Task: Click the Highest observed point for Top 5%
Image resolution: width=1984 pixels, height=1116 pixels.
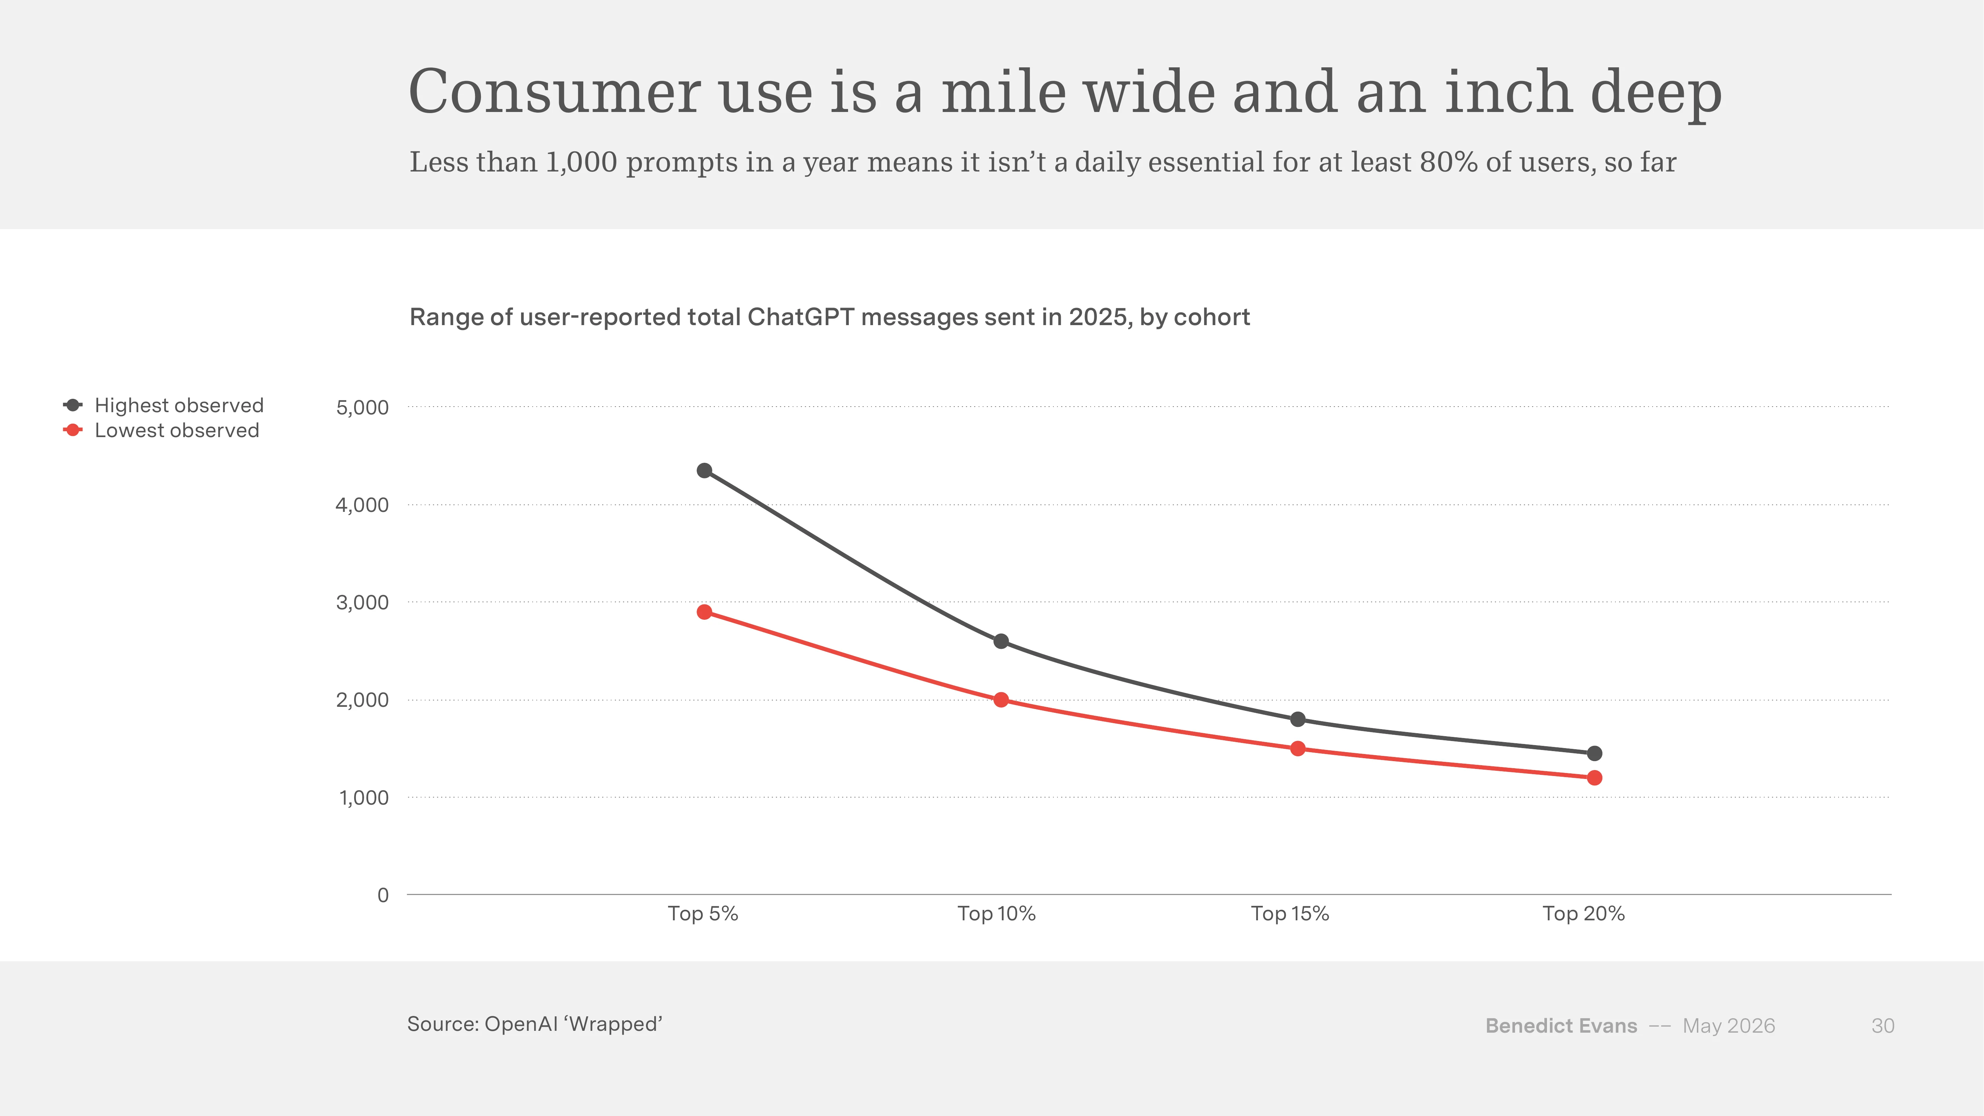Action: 704,471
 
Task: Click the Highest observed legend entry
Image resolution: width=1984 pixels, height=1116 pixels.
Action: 163,405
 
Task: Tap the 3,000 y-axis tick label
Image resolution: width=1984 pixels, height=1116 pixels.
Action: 362,602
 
